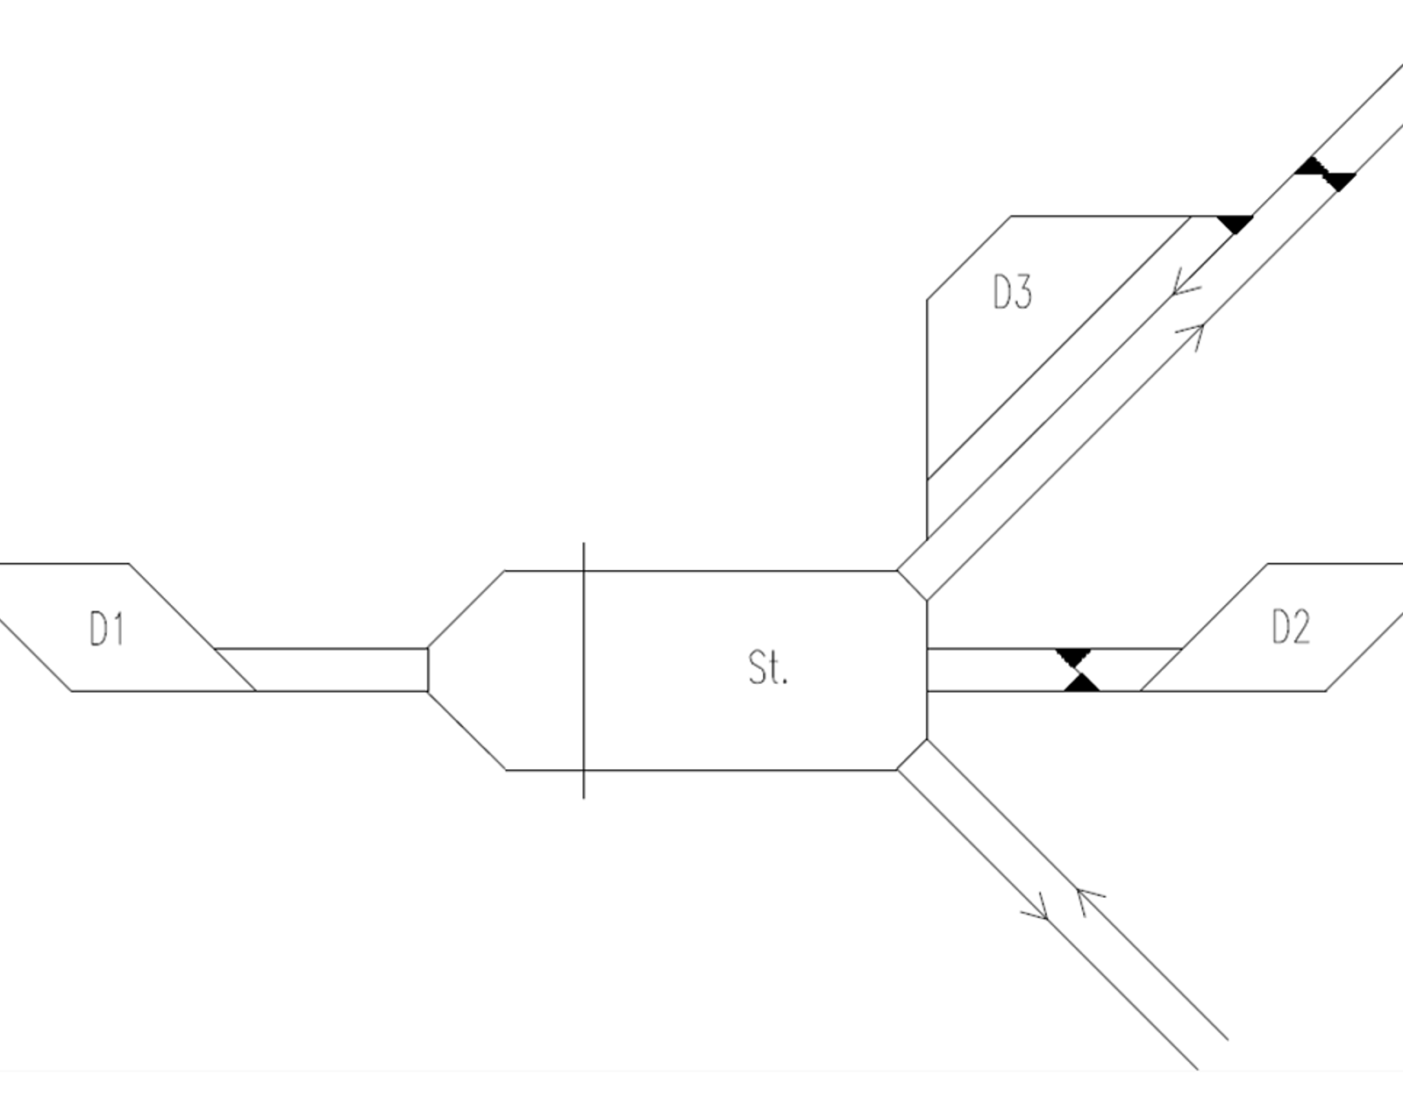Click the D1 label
click(x=106, y=629)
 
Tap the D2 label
click(x=1291, y=627)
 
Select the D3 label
click(x=1013, y=291)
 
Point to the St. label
click(x=768, y=667)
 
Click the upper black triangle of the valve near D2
click(x=1073, y=657)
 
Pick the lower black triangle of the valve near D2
click(x=1081, y=682)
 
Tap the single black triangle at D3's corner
click(x=1235, y=223)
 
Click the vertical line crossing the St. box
click(x=583, y=670)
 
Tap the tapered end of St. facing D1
click(x=466, y=670)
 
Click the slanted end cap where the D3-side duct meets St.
click(x=912, y=585)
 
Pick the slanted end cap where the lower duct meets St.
click(x=912, y=754)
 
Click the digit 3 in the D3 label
click(x=1023, y=291)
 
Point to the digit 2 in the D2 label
click(x=1300, y=627)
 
